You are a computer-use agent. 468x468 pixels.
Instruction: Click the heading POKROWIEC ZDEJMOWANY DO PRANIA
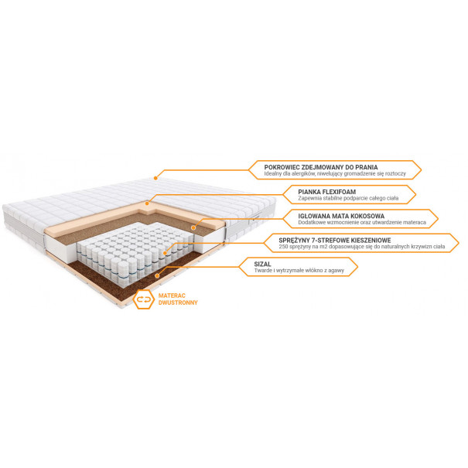click(x=321, y=167)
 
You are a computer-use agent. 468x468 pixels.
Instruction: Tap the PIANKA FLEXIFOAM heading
click(x=326, y=192)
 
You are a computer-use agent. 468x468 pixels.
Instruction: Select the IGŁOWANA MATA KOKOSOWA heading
click(x=341, y=216)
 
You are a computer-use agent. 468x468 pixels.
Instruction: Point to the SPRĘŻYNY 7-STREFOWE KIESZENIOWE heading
click(x=335, y=240)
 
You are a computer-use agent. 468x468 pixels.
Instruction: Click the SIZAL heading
click(x=262, y=264)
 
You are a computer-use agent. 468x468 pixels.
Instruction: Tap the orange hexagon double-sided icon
click(x=144, y=299)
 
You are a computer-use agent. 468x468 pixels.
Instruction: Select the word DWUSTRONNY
click(x=178, y=302)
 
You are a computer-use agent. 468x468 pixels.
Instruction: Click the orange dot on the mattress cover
click(x=155, y=178)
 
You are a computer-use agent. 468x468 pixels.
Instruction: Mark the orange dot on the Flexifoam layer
click(x=147, y=203)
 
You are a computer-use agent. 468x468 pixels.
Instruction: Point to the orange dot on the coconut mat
click(x=193, y=227)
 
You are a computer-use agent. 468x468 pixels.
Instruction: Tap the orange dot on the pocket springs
click(x=165, y=253)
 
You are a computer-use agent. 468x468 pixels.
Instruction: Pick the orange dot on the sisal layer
click(x=157, y=276)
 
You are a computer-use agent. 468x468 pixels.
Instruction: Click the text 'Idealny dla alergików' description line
click(x=335, y=174)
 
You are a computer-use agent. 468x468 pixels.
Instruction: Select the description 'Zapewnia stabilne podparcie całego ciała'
click(x=348, y=198)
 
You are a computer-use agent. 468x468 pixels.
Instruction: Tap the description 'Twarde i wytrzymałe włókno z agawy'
click(x=299, y=271)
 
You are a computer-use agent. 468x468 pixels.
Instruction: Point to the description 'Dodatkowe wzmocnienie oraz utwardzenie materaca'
click(x=362, y=222)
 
